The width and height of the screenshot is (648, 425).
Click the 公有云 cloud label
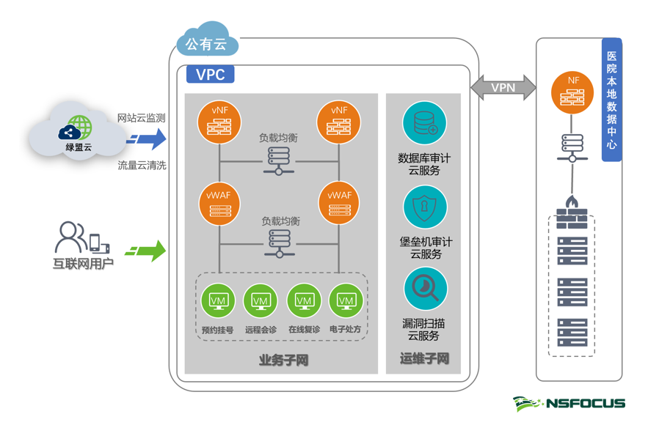point(207,44)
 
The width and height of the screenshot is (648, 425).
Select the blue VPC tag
point(210,75)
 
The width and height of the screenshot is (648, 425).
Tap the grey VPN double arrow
point(503,87)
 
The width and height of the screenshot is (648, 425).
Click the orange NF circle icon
point(572,90)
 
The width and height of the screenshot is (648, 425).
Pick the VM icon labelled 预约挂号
point(218,300)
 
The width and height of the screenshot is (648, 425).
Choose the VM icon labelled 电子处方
point(346,300)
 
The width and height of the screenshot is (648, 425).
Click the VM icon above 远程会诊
point(261,300)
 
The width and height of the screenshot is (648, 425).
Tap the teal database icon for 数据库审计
point(424,123)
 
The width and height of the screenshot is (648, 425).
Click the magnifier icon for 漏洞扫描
point(424,289)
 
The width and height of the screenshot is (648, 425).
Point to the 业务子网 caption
point(283,359)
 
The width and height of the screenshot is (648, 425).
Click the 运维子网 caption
point(424,359)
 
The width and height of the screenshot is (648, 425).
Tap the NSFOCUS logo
point(569,403)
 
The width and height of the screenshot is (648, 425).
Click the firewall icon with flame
point(571,213)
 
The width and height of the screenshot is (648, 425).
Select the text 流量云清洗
point(142,166)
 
